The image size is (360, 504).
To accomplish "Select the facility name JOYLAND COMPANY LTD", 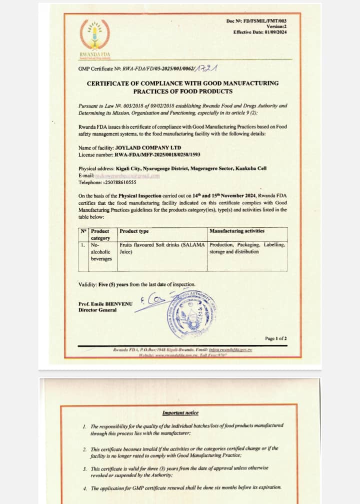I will click(x=146, y=148).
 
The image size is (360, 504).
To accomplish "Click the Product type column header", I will click(x=134, y=231).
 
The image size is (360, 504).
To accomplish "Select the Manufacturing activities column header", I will click(x=236, y=231).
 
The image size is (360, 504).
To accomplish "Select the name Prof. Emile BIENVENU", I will click(x=105, y=304).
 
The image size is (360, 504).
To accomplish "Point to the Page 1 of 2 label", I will click(x=276, y=339).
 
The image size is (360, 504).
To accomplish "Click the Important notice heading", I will click(x=180, y=413).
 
